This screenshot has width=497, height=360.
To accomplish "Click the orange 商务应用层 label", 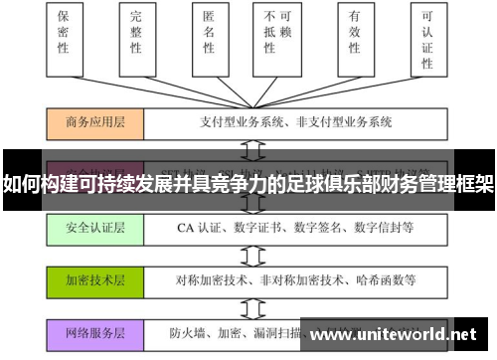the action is point(95,123).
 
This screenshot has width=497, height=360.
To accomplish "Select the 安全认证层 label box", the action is point(95,228).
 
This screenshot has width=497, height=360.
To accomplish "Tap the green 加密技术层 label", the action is point(95,279).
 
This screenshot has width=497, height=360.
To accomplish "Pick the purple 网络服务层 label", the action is point(95,332).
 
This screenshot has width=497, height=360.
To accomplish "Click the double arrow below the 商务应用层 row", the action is point(252,148).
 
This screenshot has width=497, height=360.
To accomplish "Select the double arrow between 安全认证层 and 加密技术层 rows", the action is point(252,254).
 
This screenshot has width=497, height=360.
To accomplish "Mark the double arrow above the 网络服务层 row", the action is point(252,305).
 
